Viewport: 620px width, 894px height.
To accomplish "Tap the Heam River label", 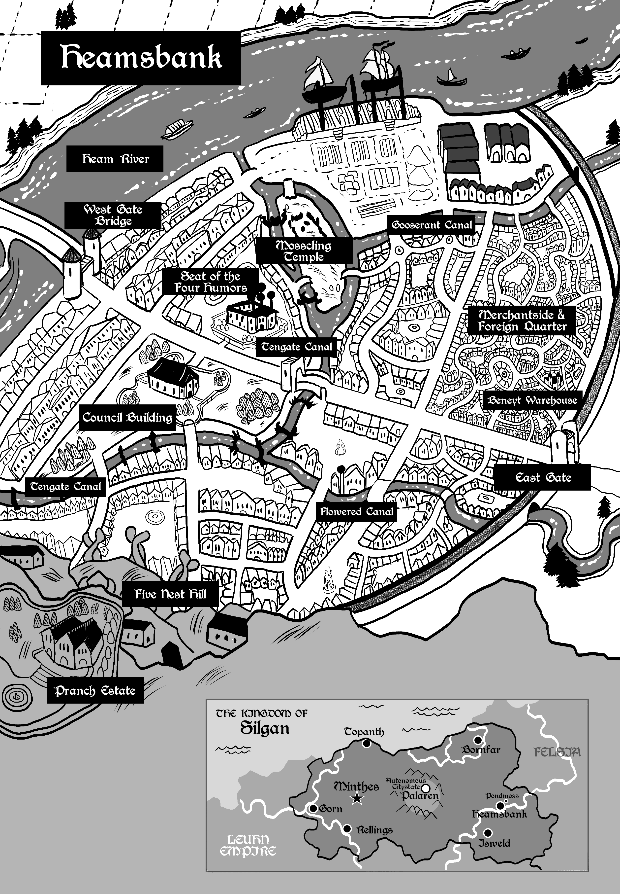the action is [115, 159].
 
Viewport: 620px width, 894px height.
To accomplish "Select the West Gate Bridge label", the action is [113, 215].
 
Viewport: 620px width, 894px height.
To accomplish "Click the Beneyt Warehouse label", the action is [532, 400].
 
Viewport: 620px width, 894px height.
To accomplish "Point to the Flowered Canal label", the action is [357, 511].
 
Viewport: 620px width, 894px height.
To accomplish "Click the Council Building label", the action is [127, 418].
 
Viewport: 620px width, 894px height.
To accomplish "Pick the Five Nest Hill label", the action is [170, 594].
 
